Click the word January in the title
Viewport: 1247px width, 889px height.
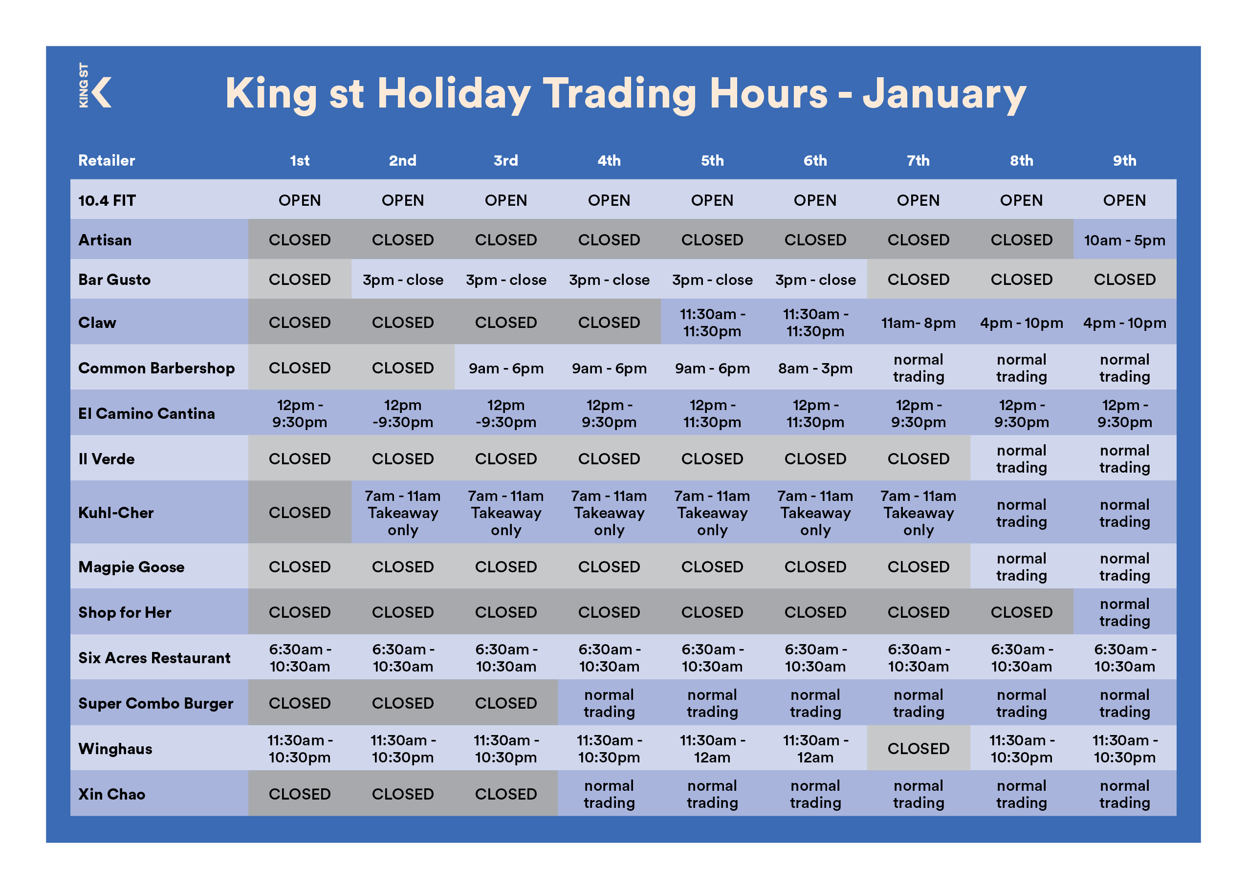point(944,94)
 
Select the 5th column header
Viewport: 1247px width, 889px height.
point(712,160)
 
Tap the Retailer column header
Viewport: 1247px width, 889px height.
point(106,160)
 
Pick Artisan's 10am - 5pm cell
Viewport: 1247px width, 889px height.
point(1124,240)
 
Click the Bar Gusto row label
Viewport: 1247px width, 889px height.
point(114,280)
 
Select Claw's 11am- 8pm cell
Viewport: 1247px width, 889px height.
point(918,323)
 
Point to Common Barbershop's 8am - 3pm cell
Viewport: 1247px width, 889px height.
point(815,368)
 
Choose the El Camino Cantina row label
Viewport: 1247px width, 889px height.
point(146,413)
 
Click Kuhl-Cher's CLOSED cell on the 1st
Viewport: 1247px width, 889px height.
point(300,512)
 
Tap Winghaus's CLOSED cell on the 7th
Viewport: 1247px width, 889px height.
point(918,748)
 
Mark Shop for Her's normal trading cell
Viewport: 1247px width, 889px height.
point(1124,612)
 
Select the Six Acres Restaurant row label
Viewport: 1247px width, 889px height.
point(154,657)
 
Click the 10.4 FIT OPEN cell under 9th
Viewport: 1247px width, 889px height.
point(1124,200)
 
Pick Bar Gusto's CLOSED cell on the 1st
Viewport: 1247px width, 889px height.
point(300,280)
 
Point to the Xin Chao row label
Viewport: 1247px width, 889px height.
point(111,794)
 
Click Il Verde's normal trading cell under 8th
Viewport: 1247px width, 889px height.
point(1022,459)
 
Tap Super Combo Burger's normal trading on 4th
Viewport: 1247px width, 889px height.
point(609,703)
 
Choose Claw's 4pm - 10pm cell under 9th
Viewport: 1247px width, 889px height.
point(1124,323)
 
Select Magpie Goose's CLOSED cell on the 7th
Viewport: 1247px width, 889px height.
point(918,566)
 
